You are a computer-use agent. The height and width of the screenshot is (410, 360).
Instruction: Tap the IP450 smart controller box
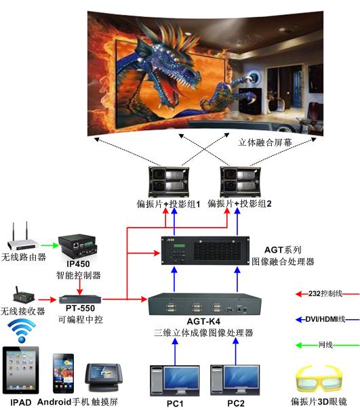point(77,246)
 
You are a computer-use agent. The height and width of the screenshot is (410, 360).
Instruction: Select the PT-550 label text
point(80,308)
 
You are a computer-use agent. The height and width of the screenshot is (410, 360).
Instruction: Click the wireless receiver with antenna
point(23,296)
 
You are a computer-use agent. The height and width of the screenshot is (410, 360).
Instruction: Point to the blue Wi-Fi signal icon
point(22,331)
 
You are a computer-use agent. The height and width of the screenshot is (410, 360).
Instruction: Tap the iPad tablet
point(20,370)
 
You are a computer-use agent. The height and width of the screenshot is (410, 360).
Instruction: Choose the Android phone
point(63,373)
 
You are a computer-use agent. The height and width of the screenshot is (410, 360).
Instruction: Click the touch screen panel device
point(104,377)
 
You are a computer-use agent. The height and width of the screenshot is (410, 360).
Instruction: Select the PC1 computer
point(175,380)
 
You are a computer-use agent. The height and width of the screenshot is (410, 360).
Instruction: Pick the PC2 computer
point(235,380)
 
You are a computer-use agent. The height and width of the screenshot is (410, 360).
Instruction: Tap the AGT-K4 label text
point(203,321)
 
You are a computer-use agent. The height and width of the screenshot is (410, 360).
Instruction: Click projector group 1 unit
point(169,182)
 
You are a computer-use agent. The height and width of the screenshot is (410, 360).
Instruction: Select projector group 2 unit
point(240,182)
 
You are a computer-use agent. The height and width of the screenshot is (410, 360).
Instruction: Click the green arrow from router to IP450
point(49,245)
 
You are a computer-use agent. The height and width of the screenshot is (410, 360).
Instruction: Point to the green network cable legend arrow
point(327,345)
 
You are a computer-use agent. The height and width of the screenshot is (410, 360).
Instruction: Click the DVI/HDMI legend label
point(325,319)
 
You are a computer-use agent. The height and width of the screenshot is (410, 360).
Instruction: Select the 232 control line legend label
point(325,293)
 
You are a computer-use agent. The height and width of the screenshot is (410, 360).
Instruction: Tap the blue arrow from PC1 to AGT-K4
point(175,351)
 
